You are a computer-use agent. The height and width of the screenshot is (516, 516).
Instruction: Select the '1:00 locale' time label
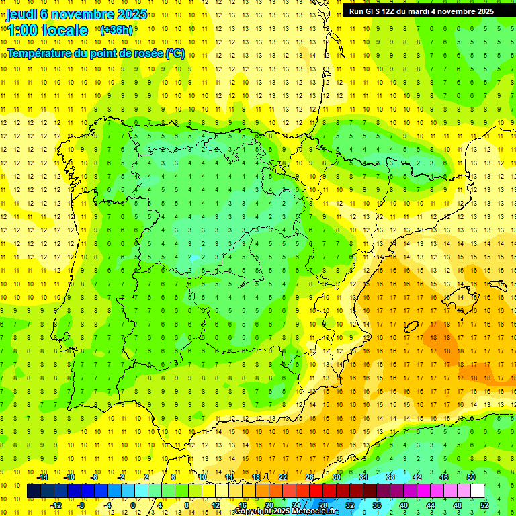(47, 30)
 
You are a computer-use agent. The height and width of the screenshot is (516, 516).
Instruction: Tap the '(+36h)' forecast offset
(116, 30)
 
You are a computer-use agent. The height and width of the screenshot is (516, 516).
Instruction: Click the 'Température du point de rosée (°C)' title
(96, 53)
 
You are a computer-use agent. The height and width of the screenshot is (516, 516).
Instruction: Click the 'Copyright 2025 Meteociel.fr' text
(286, 511)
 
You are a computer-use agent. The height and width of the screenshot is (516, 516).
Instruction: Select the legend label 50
(470, 477)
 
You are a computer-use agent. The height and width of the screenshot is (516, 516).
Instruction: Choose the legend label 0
(133, 505)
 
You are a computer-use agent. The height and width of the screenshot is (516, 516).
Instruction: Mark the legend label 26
(310, 477)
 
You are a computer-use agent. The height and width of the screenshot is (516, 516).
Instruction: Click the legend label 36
(376, 505)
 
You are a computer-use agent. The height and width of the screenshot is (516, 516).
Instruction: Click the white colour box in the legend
(477, 491)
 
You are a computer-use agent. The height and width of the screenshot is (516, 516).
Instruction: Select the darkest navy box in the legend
(34, 491)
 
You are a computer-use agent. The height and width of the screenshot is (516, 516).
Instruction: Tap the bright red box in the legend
(316, 491)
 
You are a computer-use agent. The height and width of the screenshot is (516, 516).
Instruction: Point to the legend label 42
(417, 477)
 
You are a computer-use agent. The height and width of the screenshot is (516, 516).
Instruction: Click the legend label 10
(202, 477)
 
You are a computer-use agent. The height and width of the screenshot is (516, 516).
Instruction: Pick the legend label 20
(269, 505)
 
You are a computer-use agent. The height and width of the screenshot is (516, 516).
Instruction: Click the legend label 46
(443, 477)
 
